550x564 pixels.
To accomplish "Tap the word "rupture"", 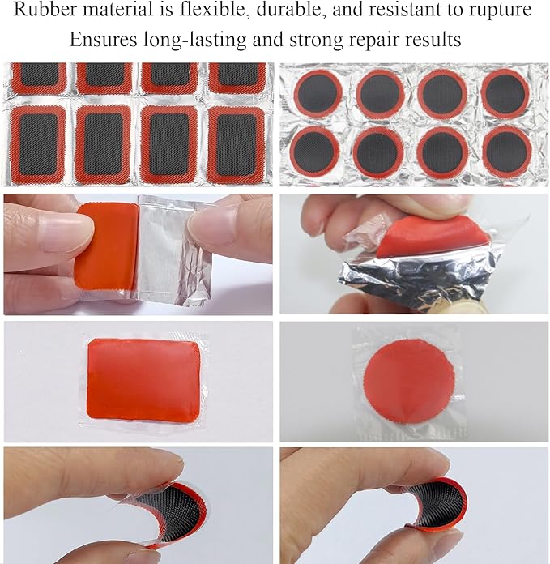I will (506, 11).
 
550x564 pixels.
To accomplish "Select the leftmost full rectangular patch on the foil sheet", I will (37, 144).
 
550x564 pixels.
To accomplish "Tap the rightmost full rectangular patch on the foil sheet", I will (236, 144).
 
